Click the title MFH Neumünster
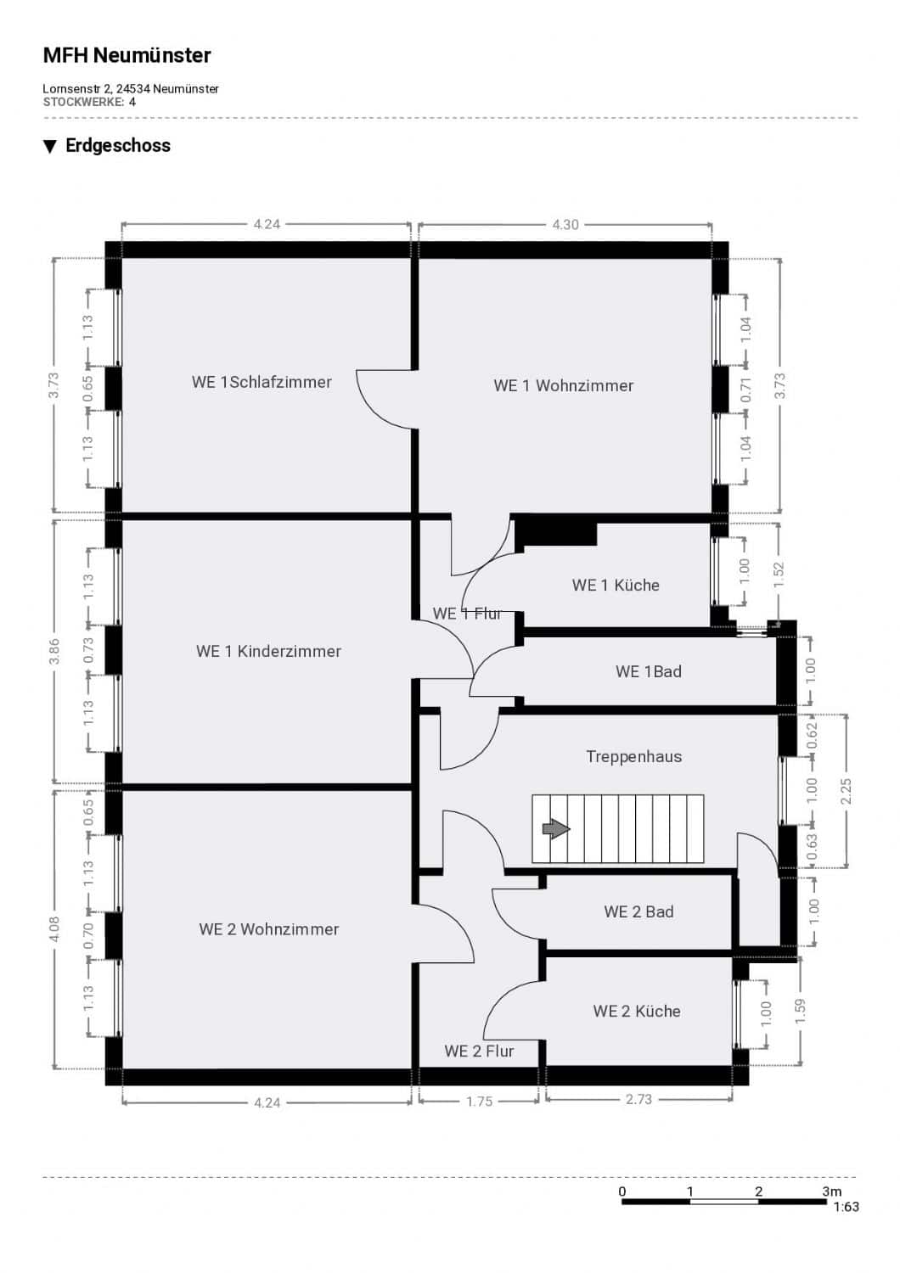127,55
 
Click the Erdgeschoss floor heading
118,145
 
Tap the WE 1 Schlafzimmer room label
262,382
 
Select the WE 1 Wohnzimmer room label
564,385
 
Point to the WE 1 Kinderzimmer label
268,651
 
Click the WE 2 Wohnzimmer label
269,929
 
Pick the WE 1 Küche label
616,585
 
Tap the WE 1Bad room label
648,671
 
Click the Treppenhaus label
634,756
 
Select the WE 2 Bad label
638,911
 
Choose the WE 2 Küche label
637,1011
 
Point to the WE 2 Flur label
479,1051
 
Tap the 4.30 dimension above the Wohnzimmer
565,225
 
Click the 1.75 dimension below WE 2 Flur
479,1102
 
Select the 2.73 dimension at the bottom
638,1099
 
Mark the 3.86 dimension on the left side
54,651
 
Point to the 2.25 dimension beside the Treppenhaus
846,790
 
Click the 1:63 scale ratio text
846,1207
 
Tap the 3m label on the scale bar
832,1192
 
